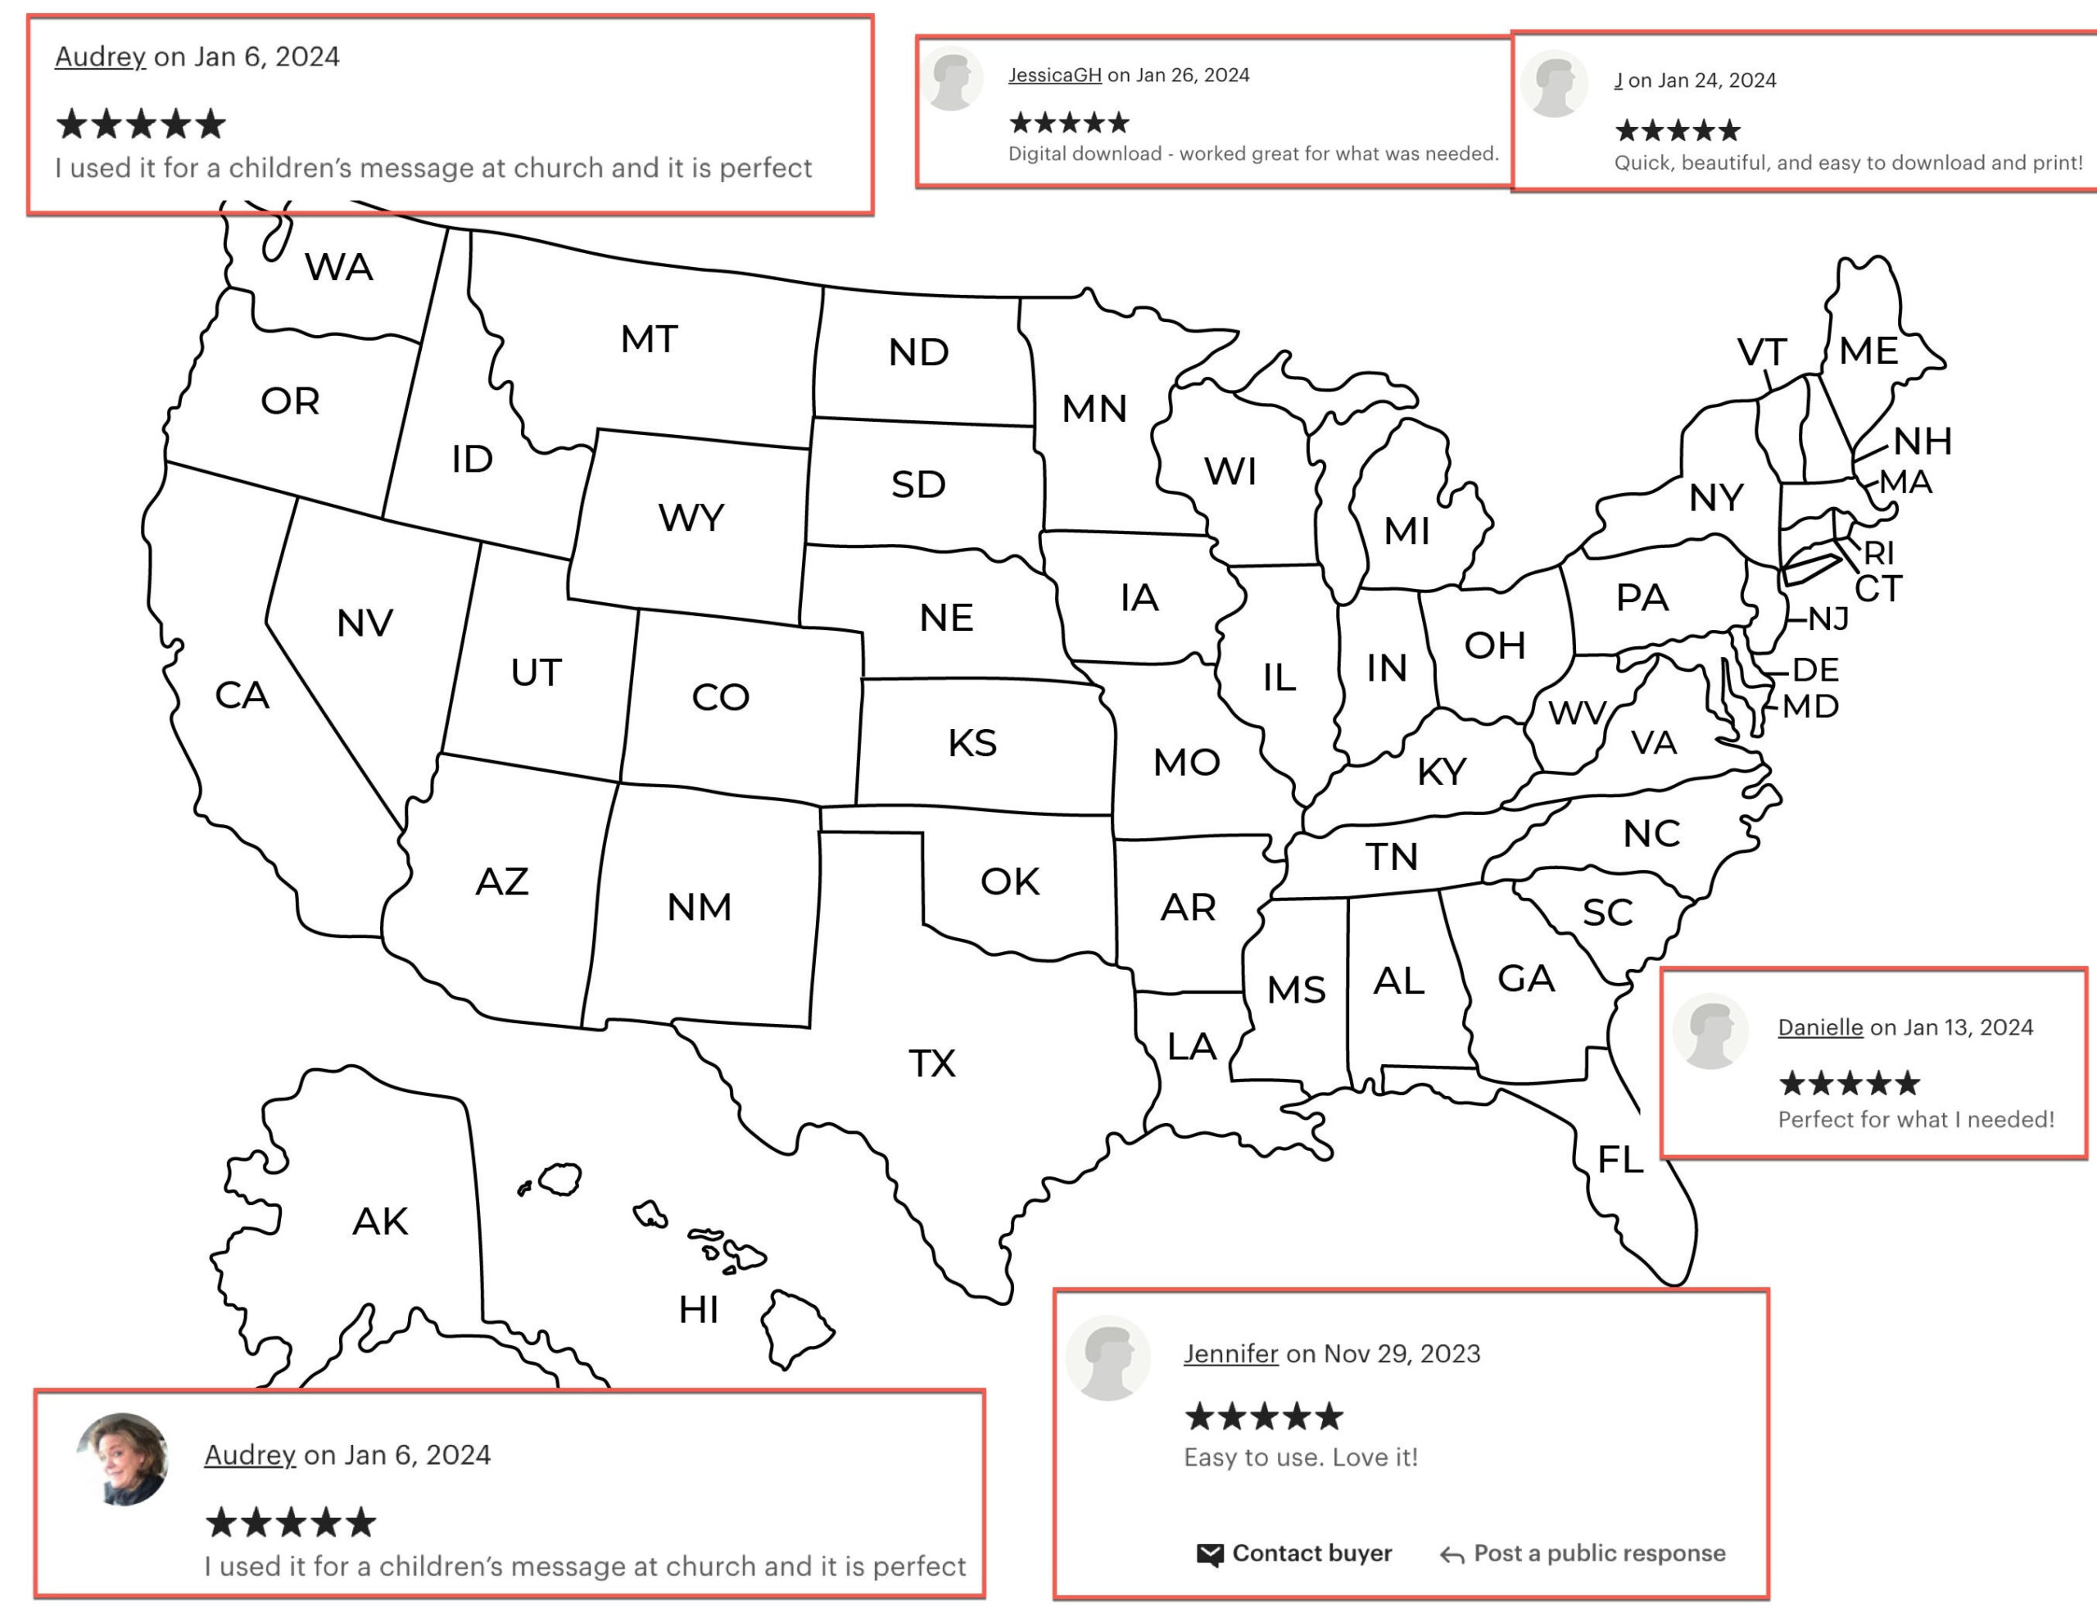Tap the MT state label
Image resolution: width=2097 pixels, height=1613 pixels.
pos(649,339)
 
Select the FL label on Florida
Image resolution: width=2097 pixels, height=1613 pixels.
pos(1619,1160)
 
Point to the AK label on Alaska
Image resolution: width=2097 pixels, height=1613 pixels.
pos(380,1221)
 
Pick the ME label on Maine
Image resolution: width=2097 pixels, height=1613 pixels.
pos(1868,351)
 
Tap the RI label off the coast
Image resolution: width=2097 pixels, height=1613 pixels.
pos(1879,552)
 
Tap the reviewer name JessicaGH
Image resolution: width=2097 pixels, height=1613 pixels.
pos(1054,75)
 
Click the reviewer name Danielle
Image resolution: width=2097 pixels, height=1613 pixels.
pos(1819,1027)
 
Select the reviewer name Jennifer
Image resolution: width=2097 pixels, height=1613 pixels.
pos(1230,1354)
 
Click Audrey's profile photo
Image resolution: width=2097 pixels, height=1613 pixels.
pos(123,1458)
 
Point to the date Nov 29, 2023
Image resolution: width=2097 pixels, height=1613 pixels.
pos(1402,1354)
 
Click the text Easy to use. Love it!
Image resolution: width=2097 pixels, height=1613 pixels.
pos(1300,1457)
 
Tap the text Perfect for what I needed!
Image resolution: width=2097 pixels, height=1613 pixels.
pos(1915,1120)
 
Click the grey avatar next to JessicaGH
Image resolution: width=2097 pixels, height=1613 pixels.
pos(953,79)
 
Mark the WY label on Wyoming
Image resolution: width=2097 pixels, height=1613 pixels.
pos(691,519)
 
